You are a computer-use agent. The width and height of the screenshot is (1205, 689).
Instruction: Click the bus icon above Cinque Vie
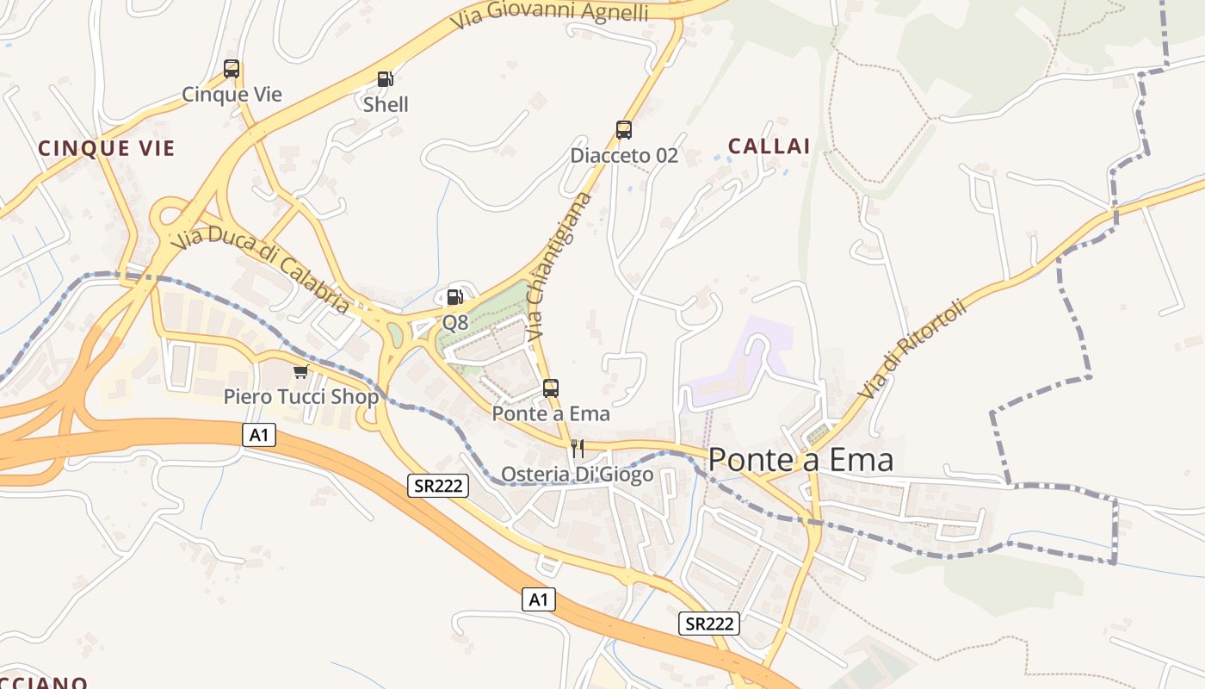[232, 69]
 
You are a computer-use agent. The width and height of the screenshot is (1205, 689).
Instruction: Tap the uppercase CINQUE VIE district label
[107, 148]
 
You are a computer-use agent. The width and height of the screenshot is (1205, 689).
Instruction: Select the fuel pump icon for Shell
[386, 79]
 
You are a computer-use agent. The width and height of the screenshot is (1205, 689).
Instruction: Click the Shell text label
[386, 105]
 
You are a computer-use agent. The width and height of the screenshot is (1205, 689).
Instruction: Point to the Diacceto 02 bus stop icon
[624, 130]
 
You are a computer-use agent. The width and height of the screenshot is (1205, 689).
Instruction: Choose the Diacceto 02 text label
[624, 156]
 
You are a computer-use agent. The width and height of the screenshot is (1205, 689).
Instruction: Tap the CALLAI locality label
[769, 146]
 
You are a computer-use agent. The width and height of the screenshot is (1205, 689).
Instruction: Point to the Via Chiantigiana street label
[559, 264]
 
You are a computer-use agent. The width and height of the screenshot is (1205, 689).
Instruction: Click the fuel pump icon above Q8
[455, 297]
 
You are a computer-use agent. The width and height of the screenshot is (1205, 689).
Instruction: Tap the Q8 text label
[455, 323]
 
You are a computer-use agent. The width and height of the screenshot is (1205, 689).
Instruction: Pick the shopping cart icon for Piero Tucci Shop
[300, 371]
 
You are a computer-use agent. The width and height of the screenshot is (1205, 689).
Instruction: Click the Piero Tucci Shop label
[301, 397]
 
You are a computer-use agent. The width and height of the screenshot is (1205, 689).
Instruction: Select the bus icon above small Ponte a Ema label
[551, 388]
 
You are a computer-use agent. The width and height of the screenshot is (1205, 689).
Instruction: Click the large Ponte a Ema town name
[800, 461]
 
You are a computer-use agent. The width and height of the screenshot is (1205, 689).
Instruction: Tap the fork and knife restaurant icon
[578, 449]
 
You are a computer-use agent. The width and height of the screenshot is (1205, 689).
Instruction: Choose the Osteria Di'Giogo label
[577, 475]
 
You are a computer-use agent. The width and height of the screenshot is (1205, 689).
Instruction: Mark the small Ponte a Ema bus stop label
[551, 413]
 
